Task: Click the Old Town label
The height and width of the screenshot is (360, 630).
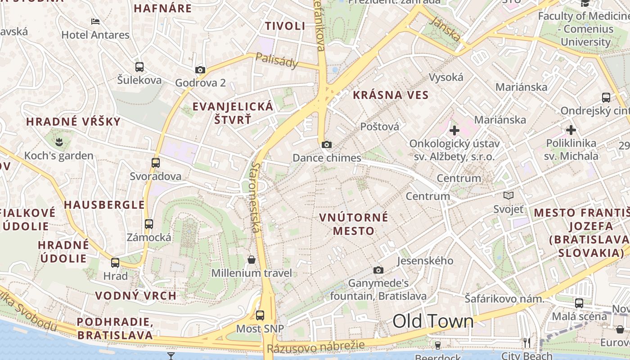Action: tap(433, 321)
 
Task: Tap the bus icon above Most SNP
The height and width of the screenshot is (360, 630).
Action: tap(260, 315)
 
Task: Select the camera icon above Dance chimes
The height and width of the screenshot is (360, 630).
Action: tap(327, 144)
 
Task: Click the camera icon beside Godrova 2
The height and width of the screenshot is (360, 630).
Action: tap(200, 70)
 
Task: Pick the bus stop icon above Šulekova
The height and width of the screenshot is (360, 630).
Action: tap(139, 67)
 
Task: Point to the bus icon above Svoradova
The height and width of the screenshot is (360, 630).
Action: tap(156, 163)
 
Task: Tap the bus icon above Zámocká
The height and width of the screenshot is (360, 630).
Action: tap(149, 224)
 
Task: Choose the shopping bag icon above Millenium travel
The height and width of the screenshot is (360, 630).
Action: tap(252, 260)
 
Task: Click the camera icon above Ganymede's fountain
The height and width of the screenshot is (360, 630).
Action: tap(378, 270)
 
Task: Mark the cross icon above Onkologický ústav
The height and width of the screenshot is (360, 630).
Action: tap(454, 130)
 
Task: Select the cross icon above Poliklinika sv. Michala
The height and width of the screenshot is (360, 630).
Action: tap(571, 130)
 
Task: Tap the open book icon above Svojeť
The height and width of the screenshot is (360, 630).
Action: tap(508, 196)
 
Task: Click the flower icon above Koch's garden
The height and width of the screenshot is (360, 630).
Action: tap(59, 143)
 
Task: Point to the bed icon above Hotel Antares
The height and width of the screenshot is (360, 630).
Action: tap(95, 21)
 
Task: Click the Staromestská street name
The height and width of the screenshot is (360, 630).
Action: tap(256, 198)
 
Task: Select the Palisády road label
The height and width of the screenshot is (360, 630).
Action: tap(277, 60)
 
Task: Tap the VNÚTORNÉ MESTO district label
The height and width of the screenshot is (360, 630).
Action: tap(354, 224)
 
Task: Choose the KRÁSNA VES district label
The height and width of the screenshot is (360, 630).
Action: tap(391, 95)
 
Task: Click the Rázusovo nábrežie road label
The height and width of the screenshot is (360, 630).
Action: tap(315, 347)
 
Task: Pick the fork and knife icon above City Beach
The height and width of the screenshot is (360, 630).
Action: tap(527, 343)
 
